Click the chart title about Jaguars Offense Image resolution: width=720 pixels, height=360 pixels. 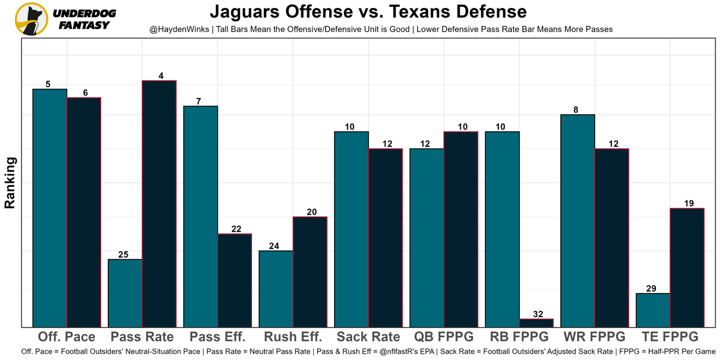click(x=368, y=12)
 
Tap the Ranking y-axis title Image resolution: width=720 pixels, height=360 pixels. click(x=10, y=183)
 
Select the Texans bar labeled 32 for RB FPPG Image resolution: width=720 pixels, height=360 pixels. click(x=536, y=323)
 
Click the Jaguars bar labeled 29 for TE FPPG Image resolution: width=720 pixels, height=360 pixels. click(x=653, y=310)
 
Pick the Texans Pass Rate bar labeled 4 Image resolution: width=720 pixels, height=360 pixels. click(x=159, y=204)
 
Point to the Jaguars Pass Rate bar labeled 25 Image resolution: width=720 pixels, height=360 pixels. click(x=125, y=293)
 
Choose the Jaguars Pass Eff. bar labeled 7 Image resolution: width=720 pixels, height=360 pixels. click(x=201, y=217)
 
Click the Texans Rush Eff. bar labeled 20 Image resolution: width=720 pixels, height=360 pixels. click(x=310, y=272)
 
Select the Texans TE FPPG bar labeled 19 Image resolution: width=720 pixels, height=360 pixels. click(x=687, y=268)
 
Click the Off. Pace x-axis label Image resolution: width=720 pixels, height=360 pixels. click(x=66, y=337)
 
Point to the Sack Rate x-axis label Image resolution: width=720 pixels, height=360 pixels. click(x=368, y=337)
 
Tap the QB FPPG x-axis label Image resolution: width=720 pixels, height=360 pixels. click(x=444, y=337)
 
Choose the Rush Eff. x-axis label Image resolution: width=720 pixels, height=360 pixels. click(x=293, y=337)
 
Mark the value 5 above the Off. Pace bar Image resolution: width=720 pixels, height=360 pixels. click(x=48, y=84)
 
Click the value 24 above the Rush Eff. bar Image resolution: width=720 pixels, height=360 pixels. click(x=273, y=246)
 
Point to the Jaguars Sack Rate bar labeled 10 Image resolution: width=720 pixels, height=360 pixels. click(x=352, y=229)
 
